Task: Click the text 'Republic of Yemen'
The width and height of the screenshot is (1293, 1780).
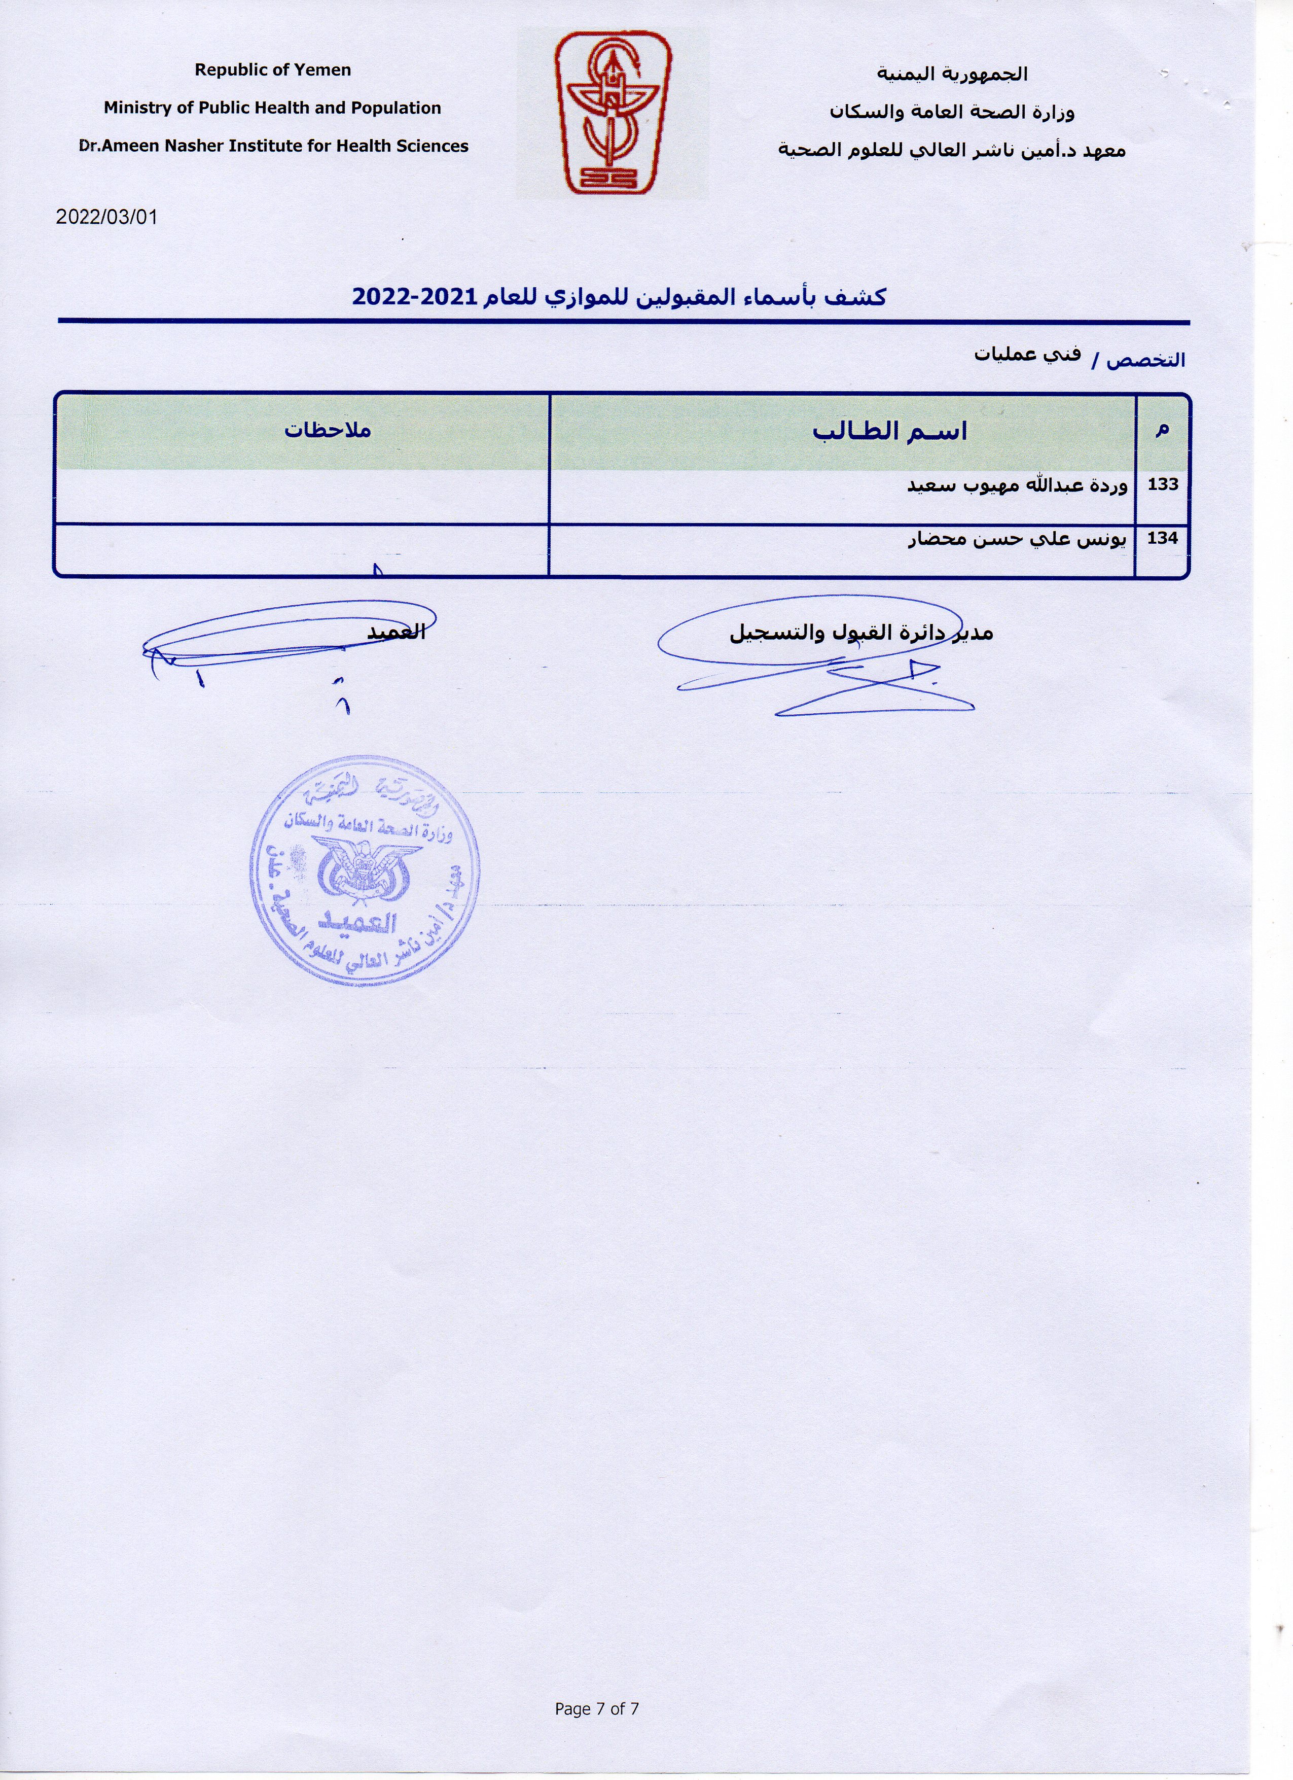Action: click(x=272, y=70)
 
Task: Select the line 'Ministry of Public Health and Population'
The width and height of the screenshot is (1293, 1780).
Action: click(x=272, y=109)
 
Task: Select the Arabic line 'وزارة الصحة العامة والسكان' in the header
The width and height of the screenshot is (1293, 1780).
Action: click(x=952, y=112)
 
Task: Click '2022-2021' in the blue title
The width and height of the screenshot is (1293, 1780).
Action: click(x=414, y=297)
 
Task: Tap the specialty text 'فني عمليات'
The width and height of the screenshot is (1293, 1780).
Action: click(x=1027, y=355)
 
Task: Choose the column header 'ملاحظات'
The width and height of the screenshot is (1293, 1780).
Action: click(x=327, y=430)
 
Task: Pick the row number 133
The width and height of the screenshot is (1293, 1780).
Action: click(x=1163, y=484)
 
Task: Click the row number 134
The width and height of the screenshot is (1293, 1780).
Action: click(x=1163, y=538)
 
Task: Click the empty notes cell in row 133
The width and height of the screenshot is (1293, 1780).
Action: click(x=302, y=497)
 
